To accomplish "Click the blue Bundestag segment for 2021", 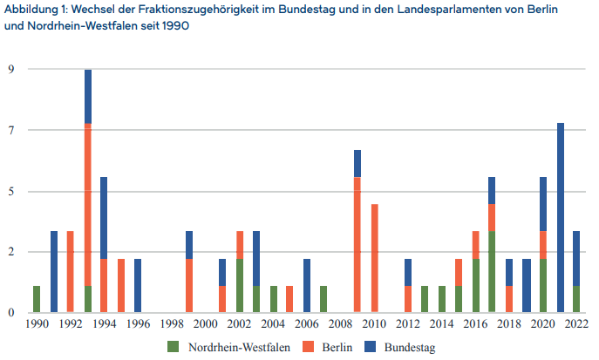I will (561, 217).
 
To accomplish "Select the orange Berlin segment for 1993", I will (88, 204).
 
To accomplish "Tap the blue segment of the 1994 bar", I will (105, 218).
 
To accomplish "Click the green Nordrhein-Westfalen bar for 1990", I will (37, 299).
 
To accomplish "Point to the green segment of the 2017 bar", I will (492, 271).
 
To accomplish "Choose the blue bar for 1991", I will (54, 271).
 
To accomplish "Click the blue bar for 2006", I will (307, 285).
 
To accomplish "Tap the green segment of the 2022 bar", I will (577, 299).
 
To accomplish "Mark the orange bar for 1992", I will (71, 271).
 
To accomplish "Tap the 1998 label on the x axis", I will (172, 324).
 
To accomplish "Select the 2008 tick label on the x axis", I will (341, 324).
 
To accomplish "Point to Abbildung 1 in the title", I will (35, 9).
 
